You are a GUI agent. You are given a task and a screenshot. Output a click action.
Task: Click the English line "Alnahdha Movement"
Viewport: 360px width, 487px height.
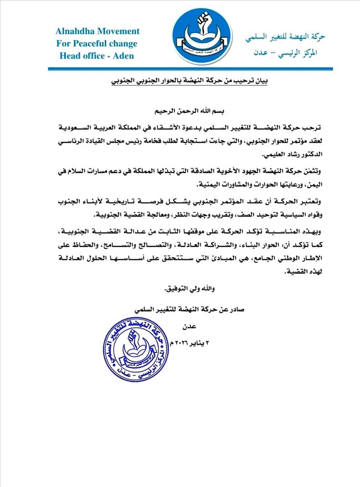coord(97,31)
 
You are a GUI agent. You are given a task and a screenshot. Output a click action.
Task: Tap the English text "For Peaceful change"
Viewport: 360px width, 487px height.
coord(97,43)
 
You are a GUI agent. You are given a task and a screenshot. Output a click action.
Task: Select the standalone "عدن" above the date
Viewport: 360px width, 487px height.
coord(183,327)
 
